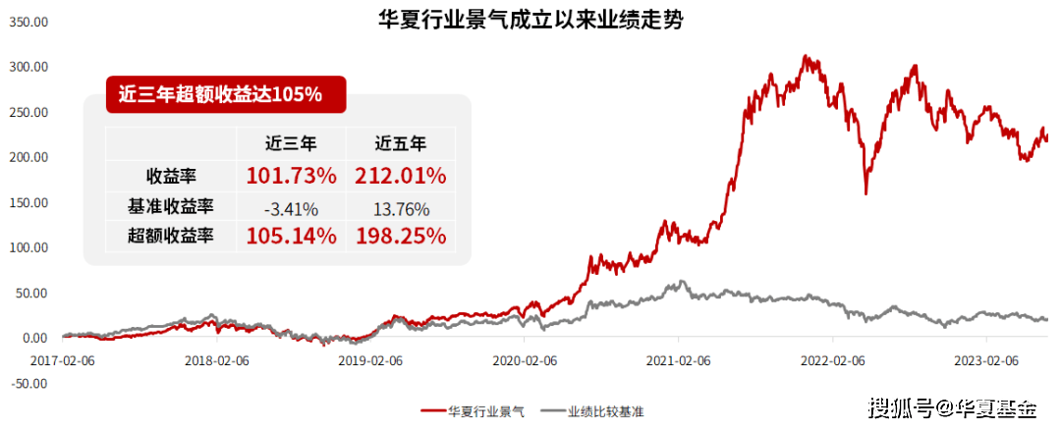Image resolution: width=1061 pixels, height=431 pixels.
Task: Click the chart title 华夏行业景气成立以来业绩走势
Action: [x=530, y=20]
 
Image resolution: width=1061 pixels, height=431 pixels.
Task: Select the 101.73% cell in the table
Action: [x=291, y=177]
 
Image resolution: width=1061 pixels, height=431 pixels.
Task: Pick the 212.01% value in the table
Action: [x=401, y=177]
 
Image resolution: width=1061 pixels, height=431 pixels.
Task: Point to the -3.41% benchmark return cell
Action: [x=291, y=207]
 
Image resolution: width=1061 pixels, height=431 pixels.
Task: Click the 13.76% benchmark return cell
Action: [x=401, y=207]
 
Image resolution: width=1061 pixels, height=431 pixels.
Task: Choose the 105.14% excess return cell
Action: [x=291, y=237]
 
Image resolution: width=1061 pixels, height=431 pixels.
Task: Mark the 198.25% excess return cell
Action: [x=401, y=237]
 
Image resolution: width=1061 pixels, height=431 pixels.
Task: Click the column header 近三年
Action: [x=291, y=144]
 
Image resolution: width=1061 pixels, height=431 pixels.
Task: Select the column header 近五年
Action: [x=401, y=144]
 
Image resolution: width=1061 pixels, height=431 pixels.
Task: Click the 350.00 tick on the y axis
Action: [x=28, y=22]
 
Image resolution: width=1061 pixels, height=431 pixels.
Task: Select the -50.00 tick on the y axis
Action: [x=28, y=383]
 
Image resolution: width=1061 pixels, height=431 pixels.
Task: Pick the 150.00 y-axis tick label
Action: [x=28, y=202]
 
